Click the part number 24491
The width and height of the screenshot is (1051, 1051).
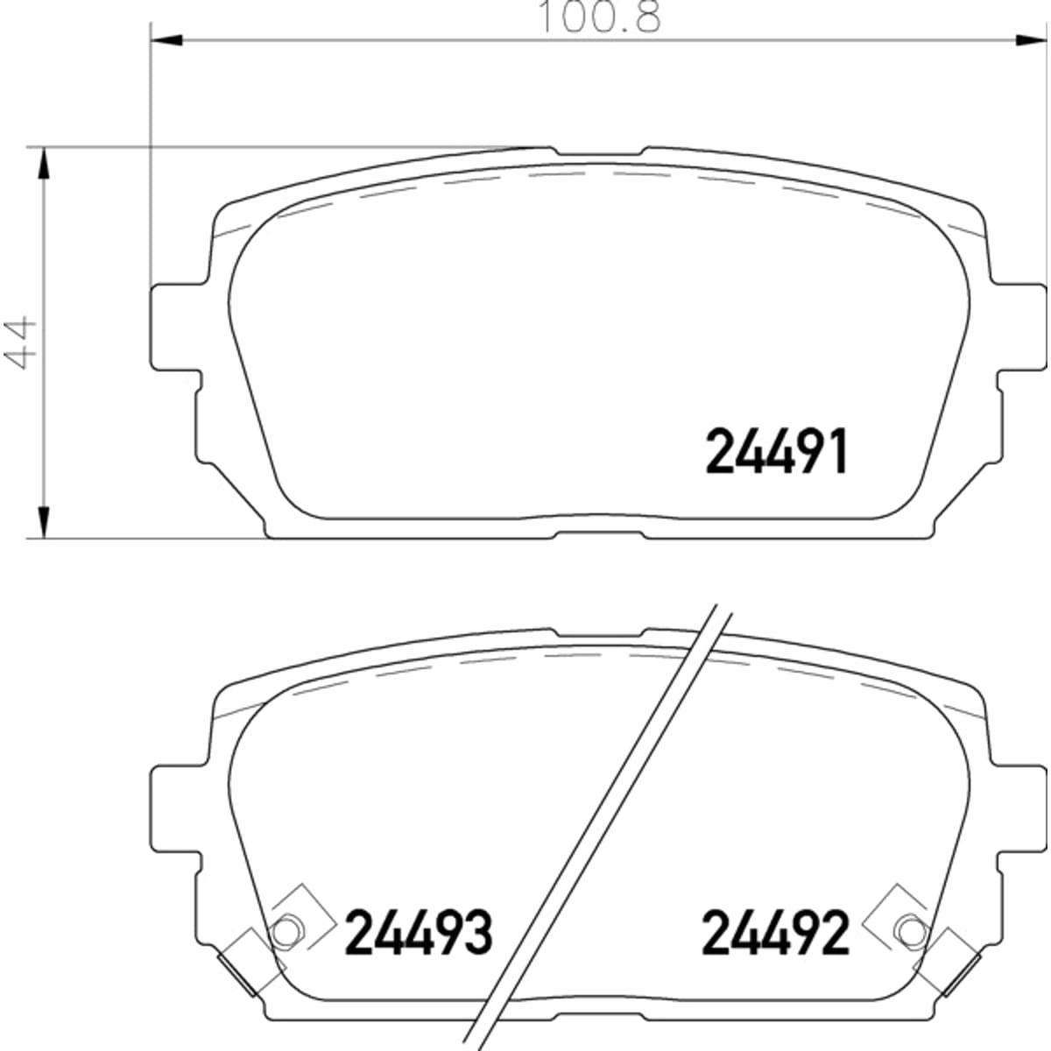coord(777,450)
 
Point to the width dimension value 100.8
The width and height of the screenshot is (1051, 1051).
coord(599,17)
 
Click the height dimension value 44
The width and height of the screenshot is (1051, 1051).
coord(19,342)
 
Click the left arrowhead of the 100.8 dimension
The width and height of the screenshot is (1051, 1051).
coord(166,39)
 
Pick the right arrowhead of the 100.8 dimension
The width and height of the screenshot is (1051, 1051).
coord(1030,39)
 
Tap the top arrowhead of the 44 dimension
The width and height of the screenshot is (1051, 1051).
coord(44,164)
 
